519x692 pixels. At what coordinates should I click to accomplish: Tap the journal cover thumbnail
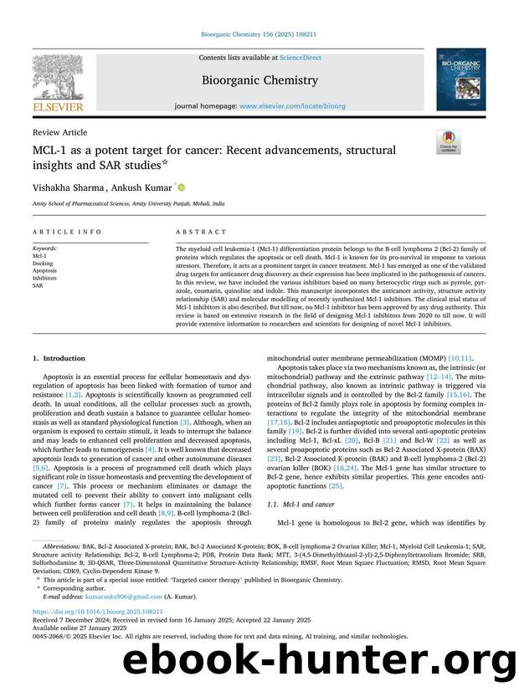coord(460,79)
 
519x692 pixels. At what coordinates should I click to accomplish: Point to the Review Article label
coord(59,132)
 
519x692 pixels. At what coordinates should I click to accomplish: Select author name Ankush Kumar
coord(138,188)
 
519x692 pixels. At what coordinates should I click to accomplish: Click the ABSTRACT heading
coord(201,232)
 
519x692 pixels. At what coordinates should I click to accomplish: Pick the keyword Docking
coord(44,263)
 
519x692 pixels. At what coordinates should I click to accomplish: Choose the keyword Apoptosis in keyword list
coord(45,270)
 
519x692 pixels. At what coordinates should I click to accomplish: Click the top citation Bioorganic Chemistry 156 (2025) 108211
coord(259,35)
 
